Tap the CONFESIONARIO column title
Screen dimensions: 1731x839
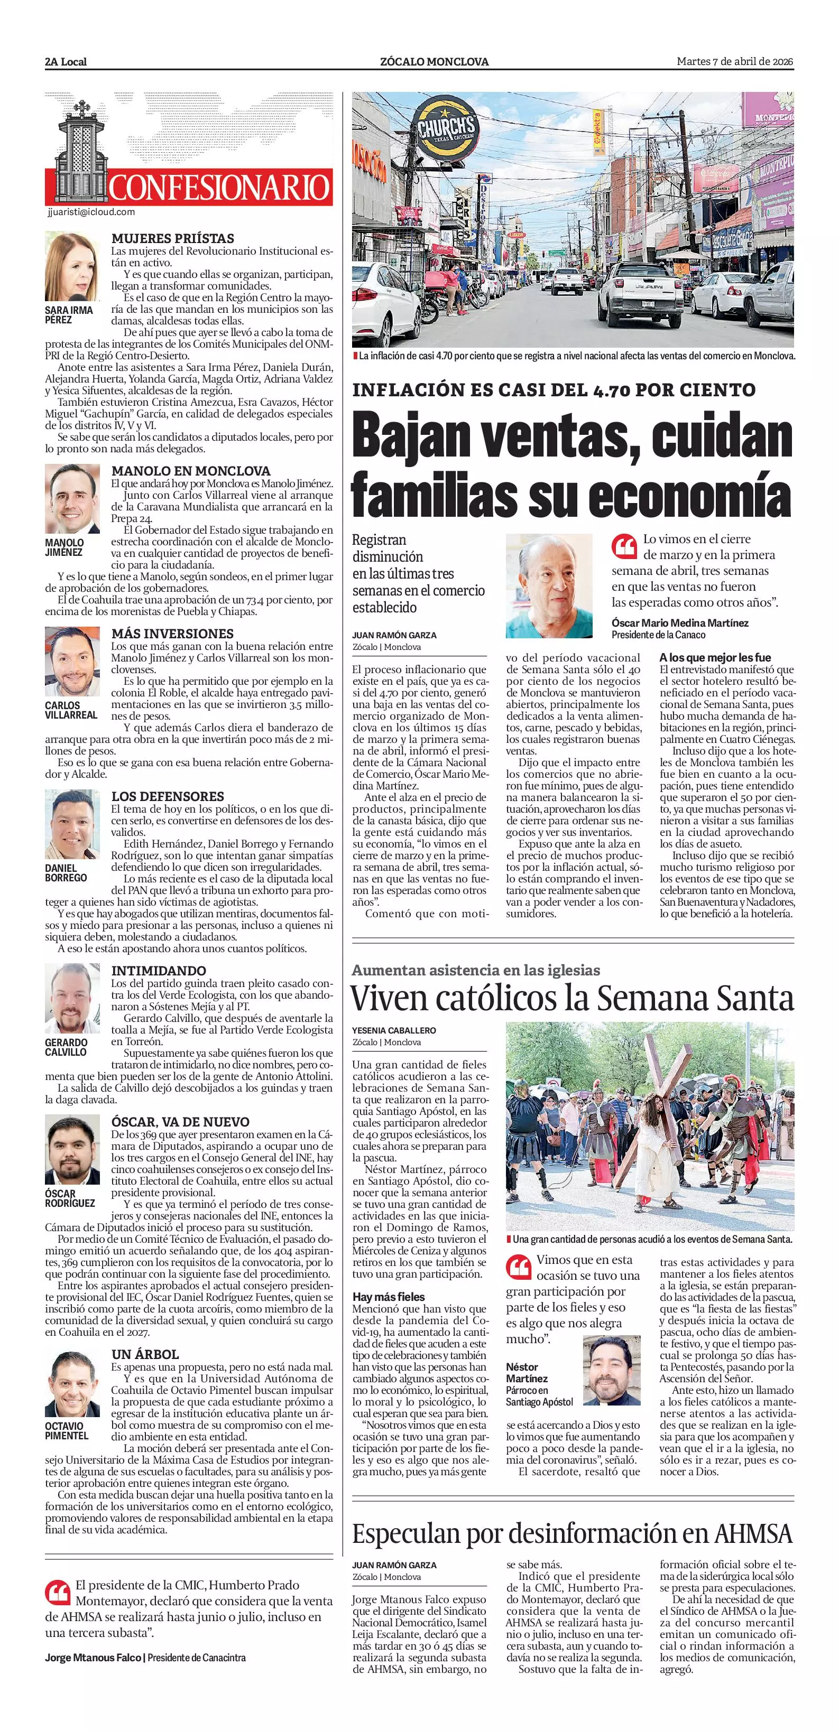tap(219, 188)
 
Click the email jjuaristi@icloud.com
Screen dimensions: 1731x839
tap(91, 212)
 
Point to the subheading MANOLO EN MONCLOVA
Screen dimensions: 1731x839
tap(191, 471)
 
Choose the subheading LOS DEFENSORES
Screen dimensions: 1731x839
tap(168, 796)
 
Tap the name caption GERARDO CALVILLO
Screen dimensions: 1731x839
tap(66, 1047)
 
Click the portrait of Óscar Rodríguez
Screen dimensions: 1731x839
tap(72, 1150)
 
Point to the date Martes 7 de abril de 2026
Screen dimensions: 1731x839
tap(735, 62)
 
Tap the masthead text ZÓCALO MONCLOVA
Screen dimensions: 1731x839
tap(434, 62)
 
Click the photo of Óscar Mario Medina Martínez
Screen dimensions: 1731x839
tap(549, 585)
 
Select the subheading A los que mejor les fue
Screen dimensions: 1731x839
tap(715, 657)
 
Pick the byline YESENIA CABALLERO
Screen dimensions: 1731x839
tap(394, 1030)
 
